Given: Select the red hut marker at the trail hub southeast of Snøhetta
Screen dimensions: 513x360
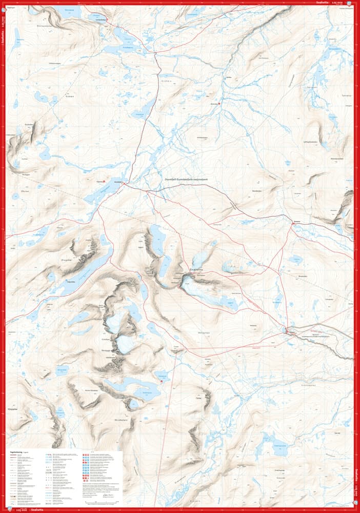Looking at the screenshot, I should pyautogui.click(x=287, y=331).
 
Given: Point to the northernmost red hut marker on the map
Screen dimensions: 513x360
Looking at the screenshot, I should pyautogui.click(x=107, y=20).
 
